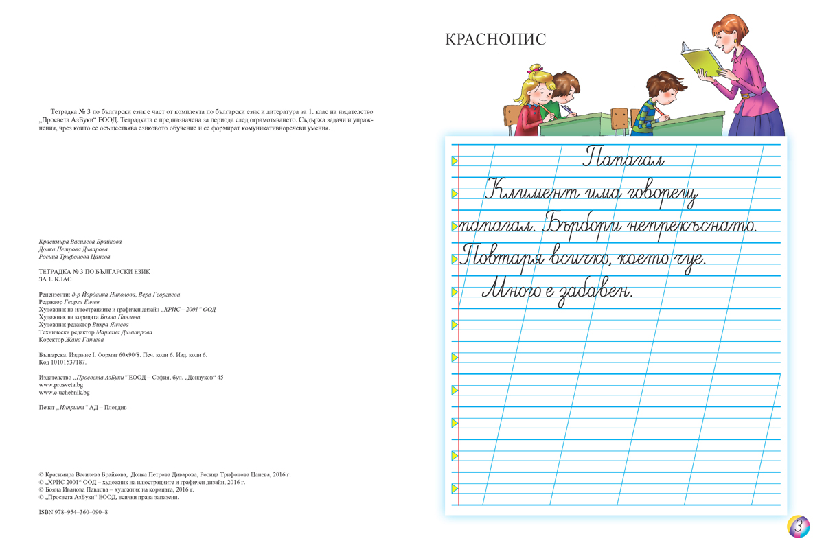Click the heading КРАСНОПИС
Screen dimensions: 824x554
pyautogui.click(x=495, y=39)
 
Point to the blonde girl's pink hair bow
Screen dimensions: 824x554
pyautogui.click(x=534, y=69)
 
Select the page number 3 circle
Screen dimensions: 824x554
pyautogui.click(x=798, y=527)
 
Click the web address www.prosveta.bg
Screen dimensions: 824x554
pyautogui.click(x=60, y=385)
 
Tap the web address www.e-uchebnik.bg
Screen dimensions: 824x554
pyautogui.click(x=64, y=393)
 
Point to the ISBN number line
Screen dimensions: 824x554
pyautogui.click(x=73, y=512)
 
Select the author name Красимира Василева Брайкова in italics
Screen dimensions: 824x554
pyautogui.click(x=80, y=242)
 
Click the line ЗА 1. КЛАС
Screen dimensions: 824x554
pyautogui.click(x=55, y=279)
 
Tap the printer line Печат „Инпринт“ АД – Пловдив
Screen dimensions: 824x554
pyautogui.click(x=82, y=408)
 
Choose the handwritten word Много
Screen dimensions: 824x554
pyautogui.click(x=514, y=290)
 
